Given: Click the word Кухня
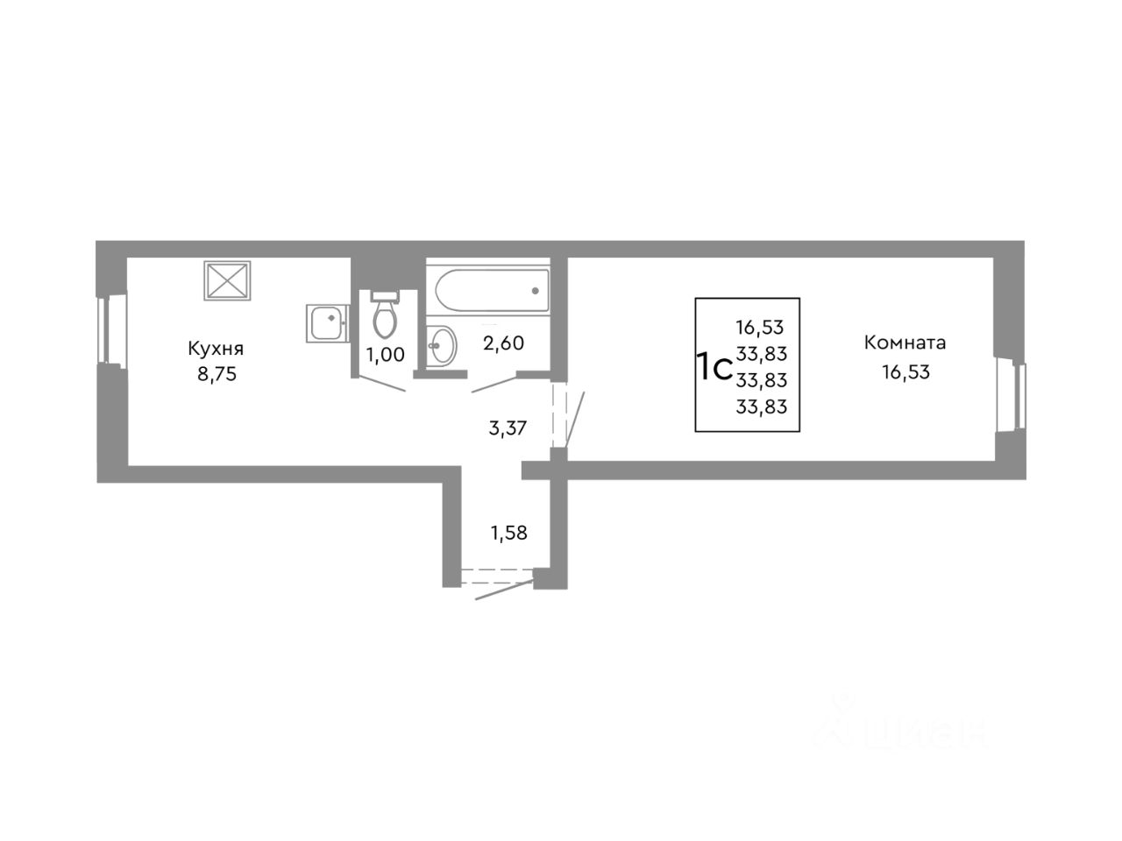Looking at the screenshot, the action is click(x=216, y=349).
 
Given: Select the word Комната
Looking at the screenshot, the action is click(x=905, y=343).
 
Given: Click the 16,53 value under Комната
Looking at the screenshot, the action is click(x=905, y=371).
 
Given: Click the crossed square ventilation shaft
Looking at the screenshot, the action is click(x=228, y=280).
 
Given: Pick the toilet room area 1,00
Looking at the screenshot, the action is click(x=386, y=355).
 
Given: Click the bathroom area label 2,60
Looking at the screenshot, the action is click(x=503, y=343).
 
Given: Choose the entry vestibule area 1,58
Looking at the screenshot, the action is click(x=509, y=532).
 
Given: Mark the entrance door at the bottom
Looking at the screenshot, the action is click(x=496, y=581).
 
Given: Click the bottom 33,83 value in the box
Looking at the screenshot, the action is click(x=762, y=406).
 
